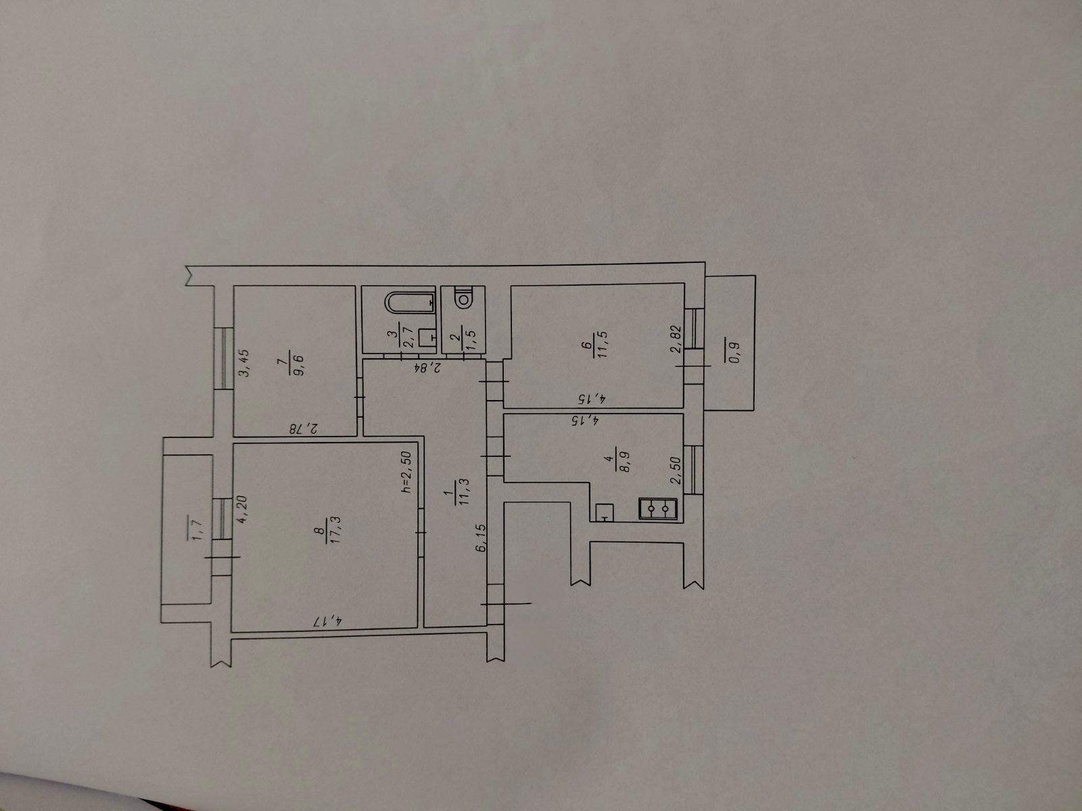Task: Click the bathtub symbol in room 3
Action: click(x=410, y=302)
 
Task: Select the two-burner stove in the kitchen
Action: click(x=659, y=509)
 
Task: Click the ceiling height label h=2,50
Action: click(x=407, y=472)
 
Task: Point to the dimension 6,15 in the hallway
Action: click(x=481, y=537)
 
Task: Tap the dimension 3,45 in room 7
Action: click(x=244, y=363)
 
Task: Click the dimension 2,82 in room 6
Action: click(x=676, y=339)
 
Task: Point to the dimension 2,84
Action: click(x=427, y=368)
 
